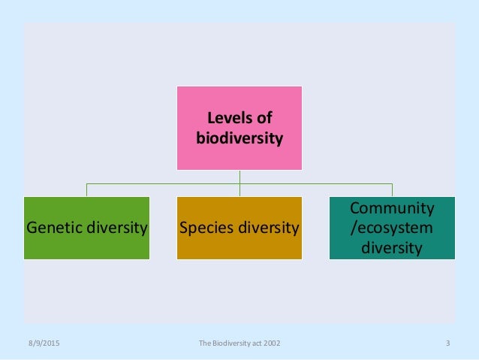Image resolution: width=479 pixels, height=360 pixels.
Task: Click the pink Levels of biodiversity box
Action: [x=239, y=127]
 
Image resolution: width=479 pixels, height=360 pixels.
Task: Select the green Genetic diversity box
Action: [x=86, y=228]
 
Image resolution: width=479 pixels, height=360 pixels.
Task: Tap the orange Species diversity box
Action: [x=239, y=228]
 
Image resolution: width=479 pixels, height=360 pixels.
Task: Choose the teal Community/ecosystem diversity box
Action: [x=392, y=228]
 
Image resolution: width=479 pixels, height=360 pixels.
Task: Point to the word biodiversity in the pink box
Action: [x=239, y=138]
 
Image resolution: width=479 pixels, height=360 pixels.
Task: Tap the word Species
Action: [x=205, y=228]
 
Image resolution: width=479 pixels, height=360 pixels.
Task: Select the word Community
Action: [x=392, y=207]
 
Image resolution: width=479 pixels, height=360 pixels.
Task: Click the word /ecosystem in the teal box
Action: [x=392, y=228]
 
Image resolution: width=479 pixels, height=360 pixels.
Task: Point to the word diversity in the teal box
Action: [x=392, y=247]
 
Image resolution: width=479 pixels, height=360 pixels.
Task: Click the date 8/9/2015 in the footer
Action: [x=41, y=344]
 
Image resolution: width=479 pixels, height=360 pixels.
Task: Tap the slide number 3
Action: [x=447, y=344]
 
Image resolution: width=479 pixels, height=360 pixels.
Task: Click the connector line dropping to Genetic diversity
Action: [x=86, y=189]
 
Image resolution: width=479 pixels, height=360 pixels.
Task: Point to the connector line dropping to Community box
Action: [x=392, y=189]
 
